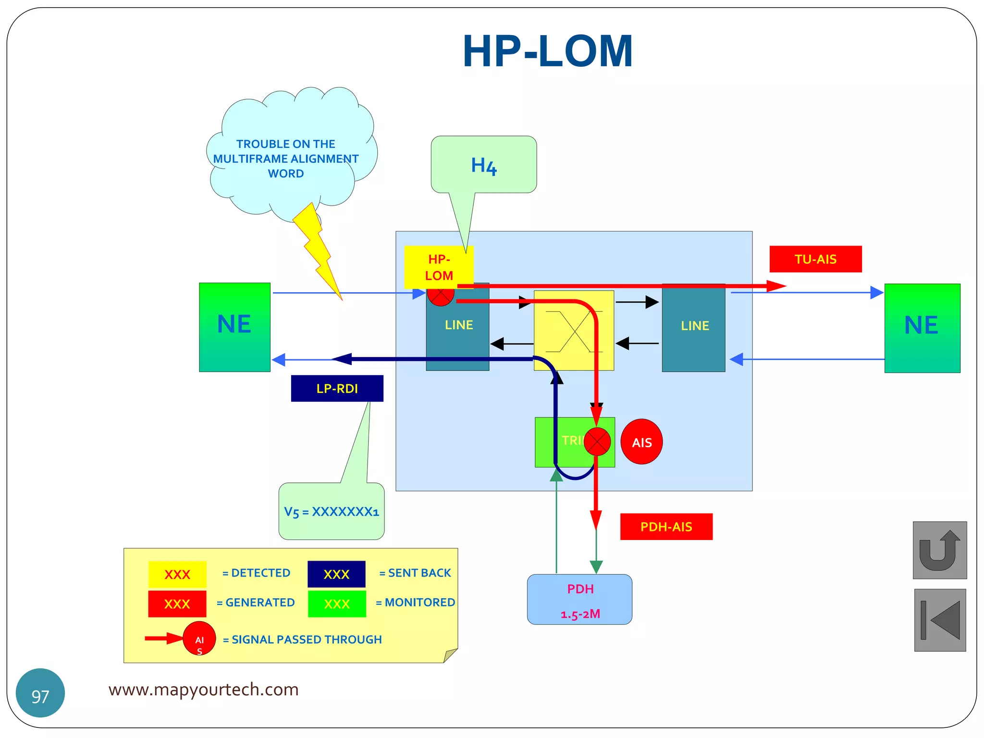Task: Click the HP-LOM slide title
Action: point(547,51)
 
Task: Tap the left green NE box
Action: point(234,327)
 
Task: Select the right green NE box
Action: point(922,328)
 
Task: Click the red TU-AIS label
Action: point(815,259)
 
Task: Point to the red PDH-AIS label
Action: point(666,527)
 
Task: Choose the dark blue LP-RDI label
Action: point(337,388)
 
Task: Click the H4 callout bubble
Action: point(484,165)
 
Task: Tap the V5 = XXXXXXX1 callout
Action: point(332,512)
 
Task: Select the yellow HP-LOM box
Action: point(439,267)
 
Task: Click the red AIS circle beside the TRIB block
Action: point(641,442)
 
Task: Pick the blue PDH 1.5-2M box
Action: point(579,600)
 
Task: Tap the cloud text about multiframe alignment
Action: point(286,159)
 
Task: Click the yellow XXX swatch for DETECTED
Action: point(177,574)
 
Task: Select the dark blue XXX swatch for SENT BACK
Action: point(336,574)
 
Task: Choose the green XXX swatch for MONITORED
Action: point(337,604)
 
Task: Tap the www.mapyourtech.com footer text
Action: point(203,689)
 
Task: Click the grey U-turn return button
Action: point(939,550)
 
